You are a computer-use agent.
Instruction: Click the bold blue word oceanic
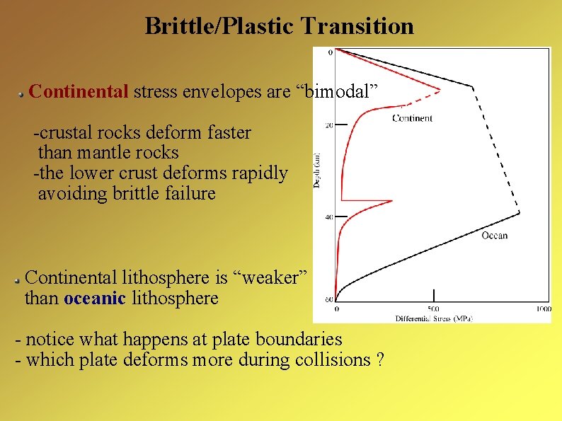pos(94,298)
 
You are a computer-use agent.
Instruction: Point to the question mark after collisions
pos(381,359)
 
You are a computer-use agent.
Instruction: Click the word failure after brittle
pos(189,193)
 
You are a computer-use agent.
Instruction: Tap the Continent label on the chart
pos(412,118)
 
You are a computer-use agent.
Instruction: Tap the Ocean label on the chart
pos(494,235)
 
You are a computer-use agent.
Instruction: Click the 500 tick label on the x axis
pos(433,309)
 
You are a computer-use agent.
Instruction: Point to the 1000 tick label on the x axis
pos(543,309)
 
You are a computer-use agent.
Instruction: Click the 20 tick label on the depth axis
pos(329,125)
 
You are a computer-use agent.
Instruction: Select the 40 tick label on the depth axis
pos(329,217)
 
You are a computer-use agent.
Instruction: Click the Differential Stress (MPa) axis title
pos(433,318)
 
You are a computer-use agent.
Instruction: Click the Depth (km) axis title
pos(317,170)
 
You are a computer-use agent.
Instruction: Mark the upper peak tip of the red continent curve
pos(440,90)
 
